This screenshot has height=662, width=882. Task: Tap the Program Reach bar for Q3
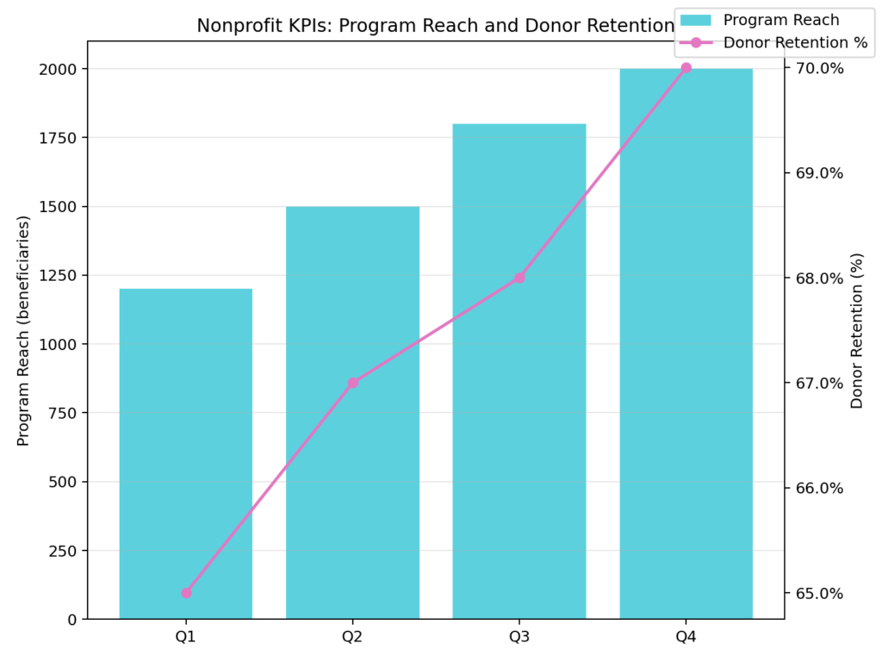pos(519,371)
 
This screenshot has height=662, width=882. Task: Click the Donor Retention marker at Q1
pos(186,593)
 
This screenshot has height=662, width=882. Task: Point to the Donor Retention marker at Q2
pos(352,383)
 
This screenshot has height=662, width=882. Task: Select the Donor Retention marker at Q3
pos(519,278)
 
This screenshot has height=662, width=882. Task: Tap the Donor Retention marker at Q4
pos(686,68)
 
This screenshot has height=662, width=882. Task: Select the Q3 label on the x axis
pos(519,638)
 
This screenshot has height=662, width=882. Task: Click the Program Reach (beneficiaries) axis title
pos(23,330)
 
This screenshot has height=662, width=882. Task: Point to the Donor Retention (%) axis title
pos(856,330)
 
